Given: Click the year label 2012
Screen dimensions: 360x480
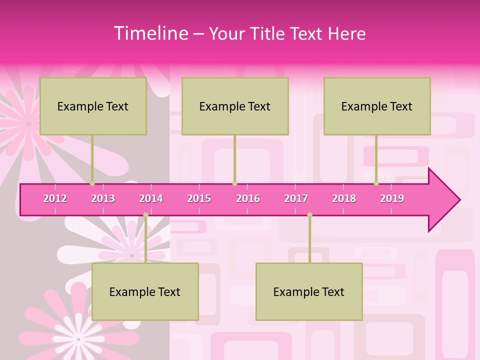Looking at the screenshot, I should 55,198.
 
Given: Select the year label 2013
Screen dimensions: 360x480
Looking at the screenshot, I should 103,198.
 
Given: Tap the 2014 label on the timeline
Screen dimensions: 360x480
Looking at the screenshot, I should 151,198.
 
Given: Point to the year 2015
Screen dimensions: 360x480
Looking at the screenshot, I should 199,198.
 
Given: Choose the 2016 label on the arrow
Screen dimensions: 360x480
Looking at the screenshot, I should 248,198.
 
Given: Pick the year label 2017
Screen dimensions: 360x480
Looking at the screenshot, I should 296,198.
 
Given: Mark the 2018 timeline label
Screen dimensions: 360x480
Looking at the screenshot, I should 344,198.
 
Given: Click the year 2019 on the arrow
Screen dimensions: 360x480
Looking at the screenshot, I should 392,198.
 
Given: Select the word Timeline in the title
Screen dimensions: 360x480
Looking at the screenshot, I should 150,33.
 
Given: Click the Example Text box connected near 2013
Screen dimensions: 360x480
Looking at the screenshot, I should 93,106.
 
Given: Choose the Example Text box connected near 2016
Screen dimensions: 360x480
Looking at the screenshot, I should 235,106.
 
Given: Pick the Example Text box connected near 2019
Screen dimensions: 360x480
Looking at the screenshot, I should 377,106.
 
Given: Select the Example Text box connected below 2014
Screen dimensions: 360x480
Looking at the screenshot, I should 145,291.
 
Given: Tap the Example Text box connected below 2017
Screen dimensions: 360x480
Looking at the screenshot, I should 309,291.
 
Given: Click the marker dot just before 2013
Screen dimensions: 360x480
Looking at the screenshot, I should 92,183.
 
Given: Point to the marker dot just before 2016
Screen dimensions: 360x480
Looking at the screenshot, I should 234,183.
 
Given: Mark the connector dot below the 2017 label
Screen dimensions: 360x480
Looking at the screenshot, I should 309,215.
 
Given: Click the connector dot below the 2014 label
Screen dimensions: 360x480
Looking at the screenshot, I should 145,215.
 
